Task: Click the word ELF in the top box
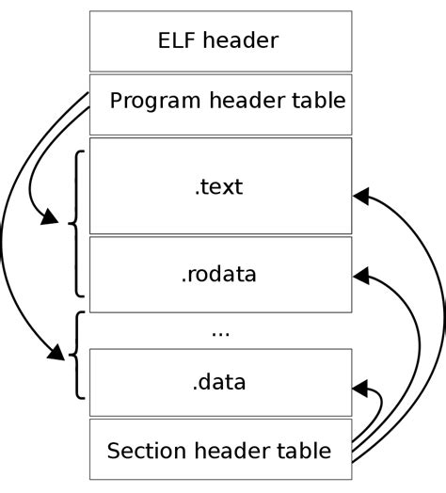(178, 40)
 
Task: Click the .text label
(219, 186)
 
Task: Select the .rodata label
(219, 275)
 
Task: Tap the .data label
(219, 381)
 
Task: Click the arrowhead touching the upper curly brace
(45, 219)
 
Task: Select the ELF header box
(220, 40)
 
